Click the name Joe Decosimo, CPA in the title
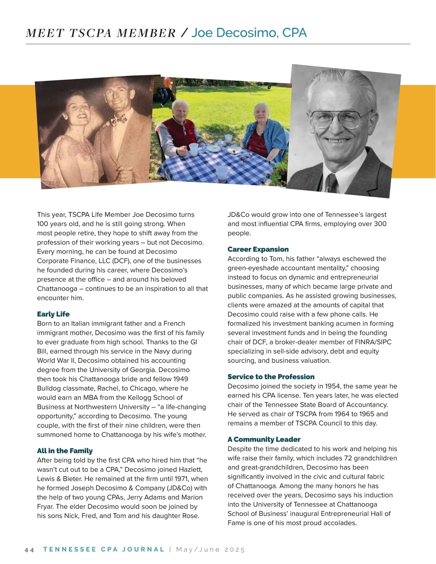[x=249, y=33]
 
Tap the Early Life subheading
[x=53, y=314]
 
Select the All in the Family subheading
[x=65, y=451]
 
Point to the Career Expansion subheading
[x=258, y=249]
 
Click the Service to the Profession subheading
[x=271, y=377]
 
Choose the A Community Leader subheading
[x=264, y=439]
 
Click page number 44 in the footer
[x=29, y=549]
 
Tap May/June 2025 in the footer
[x=210, y=549]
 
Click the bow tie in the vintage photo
[x=119, y=119]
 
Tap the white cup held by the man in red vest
[x=194, y=149]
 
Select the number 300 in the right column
[x=380, y=224]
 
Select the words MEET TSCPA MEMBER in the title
[x=101, y=33]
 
